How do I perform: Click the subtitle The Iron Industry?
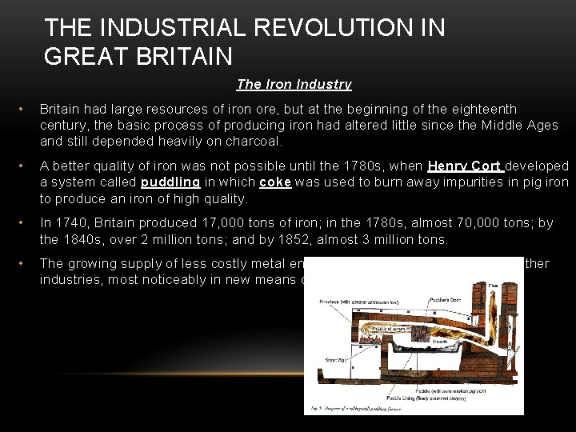(x=294, y=84)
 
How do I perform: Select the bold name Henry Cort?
(x=464, y=166)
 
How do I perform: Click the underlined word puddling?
(x=170, y=182)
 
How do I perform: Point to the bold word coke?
(x=275, y=182)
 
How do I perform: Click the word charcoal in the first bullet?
(x=258, y=142)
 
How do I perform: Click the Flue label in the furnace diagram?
(x=492, y=286)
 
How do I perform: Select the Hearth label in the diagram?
(x=439, y=342)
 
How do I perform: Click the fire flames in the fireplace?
(x=370, y=338)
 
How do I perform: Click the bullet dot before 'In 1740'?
(x=26, y=223)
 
